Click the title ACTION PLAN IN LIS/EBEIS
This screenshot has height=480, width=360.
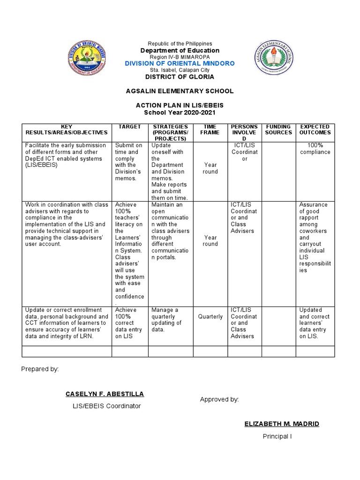coord(180,106)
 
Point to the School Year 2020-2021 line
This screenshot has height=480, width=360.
coord(180,113)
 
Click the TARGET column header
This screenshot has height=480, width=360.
coord(129,127)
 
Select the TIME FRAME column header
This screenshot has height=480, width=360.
coord(210,130)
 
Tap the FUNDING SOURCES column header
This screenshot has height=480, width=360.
coord(278,130)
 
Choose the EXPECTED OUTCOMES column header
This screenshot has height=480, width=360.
coord(315,130)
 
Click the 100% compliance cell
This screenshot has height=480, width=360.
coord(315,149)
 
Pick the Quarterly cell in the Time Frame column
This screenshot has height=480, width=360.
coord(210,317)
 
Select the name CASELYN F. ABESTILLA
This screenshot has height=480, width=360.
coord(105,394)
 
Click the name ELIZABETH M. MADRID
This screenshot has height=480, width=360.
coord(282,424)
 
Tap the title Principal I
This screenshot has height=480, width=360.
coord(277,437)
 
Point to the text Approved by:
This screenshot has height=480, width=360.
coord(219,399)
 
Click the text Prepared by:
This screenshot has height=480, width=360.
coord(40,369)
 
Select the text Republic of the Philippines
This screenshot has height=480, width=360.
coord(180,44)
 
